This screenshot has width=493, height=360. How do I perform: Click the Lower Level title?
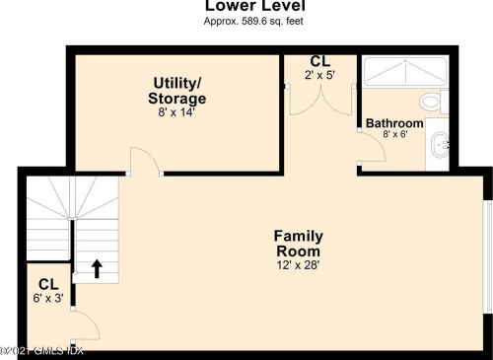coord(255,5)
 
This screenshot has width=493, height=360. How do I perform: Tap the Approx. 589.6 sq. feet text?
coord(253,22)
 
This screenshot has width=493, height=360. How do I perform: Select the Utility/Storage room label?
coord(177,91)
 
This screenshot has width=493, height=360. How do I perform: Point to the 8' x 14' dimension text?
coord(176,112)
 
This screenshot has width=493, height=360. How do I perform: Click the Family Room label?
coord(299,244)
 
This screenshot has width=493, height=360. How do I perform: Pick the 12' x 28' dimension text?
coord(298,265)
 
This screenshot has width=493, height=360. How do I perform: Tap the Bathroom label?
coord(394,123)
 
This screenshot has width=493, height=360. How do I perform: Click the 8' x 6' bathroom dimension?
coord(395,134)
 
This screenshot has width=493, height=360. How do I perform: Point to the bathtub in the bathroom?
coord(405,72)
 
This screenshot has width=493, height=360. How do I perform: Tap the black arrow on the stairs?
coord(97,269)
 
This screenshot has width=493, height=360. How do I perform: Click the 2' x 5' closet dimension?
coord(319,75)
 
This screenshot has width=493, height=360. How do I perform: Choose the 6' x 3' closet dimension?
coord(48,298)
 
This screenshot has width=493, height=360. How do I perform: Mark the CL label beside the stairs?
coord(48,285)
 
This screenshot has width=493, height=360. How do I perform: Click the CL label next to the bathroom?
coord(320,61)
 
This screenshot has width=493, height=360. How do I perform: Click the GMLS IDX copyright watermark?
coord(41,351)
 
